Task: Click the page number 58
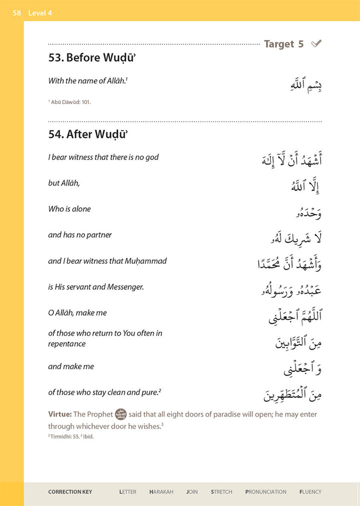pos(17,13)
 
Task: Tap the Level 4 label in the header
pos(40,13)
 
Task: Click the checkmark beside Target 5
pos(316,44)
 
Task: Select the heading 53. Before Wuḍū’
pos(92,58)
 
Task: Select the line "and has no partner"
pos(80,235)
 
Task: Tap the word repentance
pos(67,344)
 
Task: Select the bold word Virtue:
pos(60,414)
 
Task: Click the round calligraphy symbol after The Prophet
pos(120,414)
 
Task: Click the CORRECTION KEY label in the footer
pos(70,492)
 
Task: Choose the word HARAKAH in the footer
pos(161,492)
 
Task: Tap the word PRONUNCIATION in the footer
pos(265,492)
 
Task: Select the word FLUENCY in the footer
pos(310,492)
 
